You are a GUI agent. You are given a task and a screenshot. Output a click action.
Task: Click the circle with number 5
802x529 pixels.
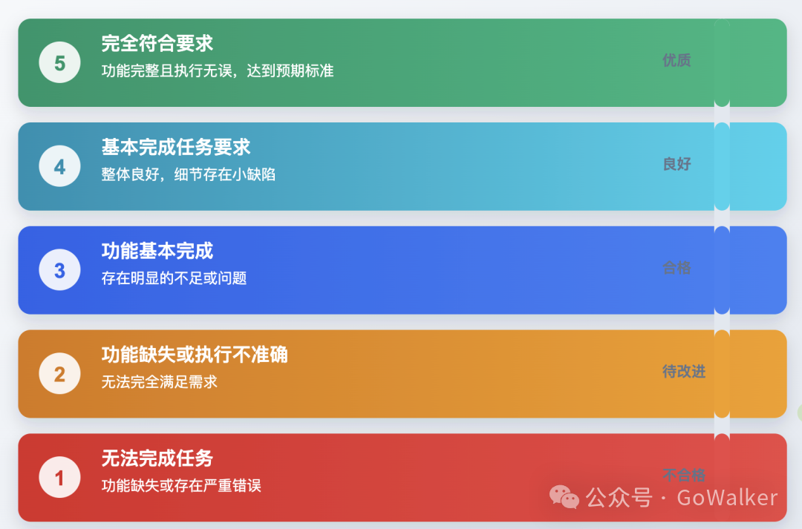click(59, 63)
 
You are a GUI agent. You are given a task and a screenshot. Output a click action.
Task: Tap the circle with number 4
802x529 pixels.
click(59, 167)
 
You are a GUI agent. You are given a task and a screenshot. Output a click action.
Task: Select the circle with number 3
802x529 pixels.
click(59, 271)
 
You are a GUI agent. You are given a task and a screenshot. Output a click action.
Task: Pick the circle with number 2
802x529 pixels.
click(59, 374)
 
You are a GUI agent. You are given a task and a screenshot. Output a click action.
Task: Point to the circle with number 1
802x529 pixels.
click(59, 478)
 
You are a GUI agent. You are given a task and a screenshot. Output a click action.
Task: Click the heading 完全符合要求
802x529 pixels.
click(157, 44)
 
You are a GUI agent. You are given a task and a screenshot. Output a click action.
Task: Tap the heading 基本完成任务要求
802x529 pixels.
click(176, 147)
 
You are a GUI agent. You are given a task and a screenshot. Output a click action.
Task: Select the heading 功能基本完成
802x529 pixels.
click(157, 251)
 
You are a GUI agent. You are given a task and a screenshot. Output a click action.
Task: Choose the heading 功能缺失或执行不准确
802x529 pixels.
click(195, 355)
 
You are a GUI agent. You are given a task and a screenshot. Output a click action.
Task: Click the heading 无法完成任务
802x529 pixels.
click(157, 459)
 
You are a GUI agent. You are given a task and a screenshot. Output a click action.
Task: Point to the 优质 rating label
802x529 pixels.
click(677, 61)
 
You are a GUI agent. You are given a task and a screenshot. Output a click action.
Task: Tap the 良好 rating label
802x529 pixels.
click(677, 165)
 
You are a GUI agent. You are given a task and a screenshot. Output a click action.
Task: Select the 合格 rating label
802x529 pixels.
click(677, 268)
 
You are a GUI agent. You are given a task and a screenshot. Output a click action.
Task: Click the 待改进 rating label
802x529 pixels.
click(684, 372)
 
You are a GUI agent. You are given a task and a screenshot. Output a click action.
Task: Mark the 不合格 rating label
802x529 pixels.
click(684, 475)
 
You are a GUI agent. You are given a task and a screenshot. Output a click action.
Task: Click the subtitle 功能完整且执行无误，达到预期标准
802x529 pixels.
click(218, 71)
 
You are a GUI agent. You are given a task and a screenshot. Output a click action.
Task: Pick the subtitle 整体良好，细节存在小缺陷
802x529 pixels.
click(189, 175)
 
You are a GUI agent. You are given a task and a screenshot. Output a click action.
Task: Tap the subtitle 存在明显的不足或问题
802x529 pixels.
click(174, 279)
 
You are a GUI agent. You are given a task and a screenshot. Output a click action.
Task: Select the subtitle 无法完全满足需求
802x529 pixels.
click(160, 383)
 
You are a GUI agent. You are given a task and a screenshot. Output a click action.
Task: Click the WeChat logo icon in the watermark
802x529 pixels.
click(564, 497)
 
